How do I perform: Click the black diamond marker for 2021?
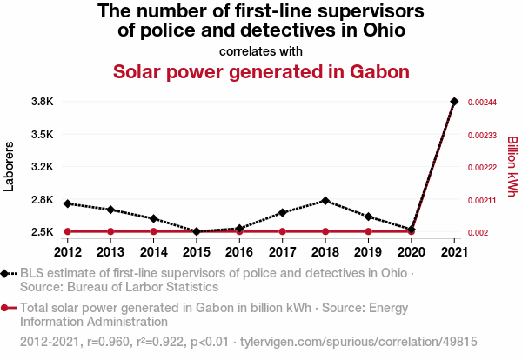pyautogui.click(x=454, y=102)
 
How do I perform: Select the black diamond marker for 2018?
pyautogui.click(x=325, y=201)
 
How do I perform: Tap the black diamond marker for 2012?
pyautogui.click(x=68, y=203)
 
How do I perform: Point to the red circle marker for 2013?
pyautogui.click(x=110, y=231)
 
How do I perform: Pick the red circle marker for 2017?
pyautogui.click(x=283, y=231)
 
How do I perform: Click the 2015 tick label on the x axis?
pyautogui.click(x=197, y=252)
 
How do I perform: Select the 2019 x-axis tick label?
pyautogui.click(x=368, y=252)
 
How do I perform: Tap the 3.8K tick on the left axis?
pyautogui.click(x=43, y=102)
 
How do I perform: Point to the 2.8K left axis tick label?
pyautogui.click(x=43, y=200)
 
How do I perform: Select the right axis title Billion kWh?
pyautogui.click(x=512, y=166)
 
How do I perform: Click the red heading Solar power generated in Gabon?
pyautogui.click(x=261, y=71)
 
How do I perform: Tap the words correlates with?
pyautogui.click(x=261, y=50)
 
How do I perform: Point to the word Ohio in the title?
pyautogui.click(x=382, y=31)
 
